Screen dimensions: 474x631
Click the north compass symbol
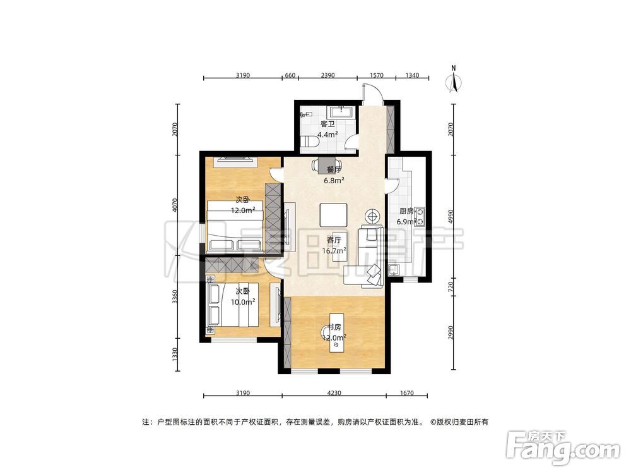pos(453,81)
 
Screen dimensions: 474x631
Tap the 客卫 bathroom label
pos(327,124)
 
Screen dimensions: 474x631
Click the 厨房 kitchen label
pos(406,212)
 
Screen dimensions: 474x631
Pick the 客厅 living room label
pos(334,240)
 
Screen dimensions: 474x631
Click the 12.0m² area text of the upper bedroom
pos(242,210)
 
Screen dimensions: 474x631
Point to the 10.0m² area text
pos(242,302)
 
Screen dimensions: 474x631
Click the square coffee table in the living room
pos(333,215)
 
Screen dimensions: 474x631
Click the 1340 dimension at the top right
pos(411,75)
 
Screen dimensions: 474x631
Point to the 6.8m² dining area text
pos(334,180)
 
